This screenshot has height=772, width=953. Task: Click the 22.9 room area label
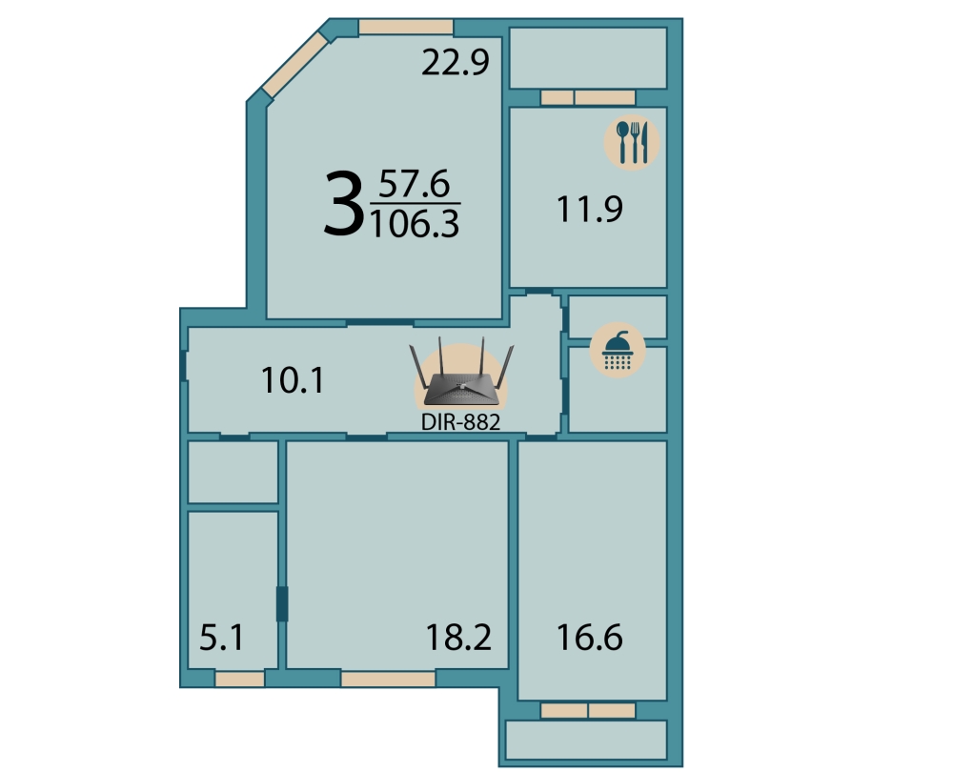[x=456, y=62]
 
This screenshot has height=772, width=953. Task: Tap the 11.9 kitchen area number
[x=590, y=209]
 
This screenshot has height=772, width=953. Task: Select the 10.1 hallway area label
[x=293, y=380]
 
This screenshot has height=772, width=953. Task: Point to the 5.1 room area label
[x=222, y=639]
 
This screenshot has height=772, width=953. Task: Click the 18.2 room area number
[x=458, y=638]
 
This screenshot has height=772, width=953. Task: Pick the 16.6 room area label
[x=590, y=638]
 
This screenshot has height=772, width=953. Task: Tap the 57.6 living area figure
[x=415, y=184]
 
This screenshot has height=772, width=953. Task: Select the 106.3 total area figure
[x=415, y=224]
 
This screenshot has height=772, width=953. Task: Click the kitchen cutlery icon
[x=632, y=142]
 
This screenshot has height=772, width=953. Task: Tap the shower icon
[x=618, y=350]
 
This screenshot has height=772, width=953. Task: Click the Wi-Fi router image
[x=462, y=374]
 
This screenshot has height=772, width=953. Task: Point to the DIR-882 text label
[x=460, y=422]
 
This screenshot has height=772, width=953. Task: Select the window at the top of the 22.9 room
[x=405, y=28]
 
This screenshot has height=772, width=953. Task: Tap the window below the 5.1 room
[x=239, y=679]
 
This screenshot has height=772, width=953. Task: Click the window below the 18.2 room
[x=388, y=679]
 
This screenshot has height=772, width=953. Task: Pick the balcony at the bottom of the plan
[x=586, y=740]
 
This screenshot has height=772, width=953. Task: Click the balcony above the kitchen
[x=588, y=58]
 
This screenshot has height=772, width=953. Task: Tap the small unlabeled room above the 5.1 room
[x=233, y=472]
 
